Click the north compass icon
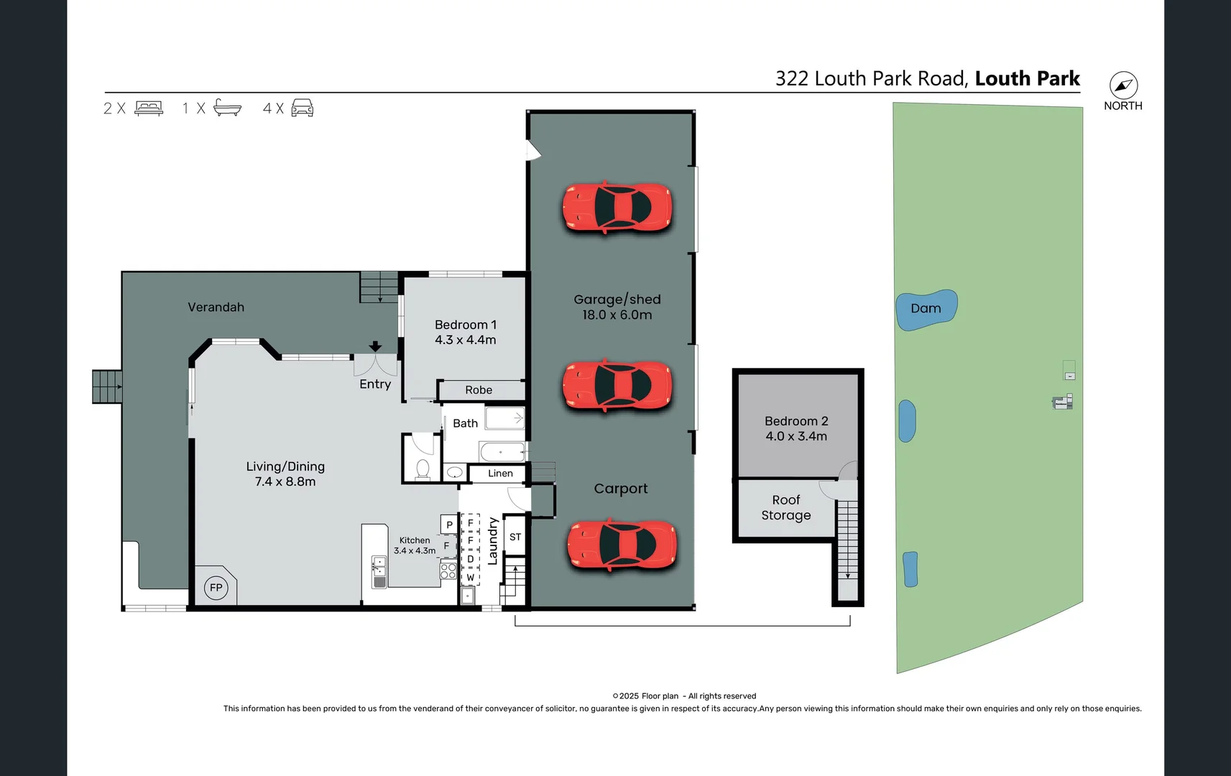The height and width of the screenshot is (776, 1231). [1123, 86]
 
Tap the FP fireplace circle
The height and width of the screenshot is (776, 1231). [216, 588]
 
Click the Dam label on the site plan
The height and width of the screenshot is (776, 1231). [926, 308]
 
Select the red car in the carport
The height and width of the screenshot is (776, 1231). [622, 545]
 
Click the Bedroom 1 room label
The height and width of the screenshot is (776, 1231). [465, 325]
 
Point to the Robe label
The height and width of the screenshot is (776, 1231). [479, 390]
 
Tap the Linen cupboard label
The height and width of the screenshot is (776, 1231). [500, 474]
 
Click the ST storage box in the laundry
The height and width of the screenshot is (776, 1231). [515, 537]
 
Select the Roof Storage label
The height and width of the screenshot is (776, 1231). [786, 507]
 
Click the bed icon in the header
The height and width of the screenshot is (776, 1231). [149, 108]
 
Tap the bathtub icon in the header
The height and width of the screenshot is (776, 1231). [227, 108]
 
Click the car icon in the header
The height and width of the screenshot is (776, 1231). [302, 108]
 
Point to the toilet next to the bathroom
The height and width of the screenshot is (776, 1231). [423, 469]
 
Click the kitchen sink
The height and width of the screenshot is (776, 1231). [379, 572]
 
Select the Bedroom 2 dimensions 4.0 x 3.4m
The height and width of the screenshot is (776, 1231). [796, 436]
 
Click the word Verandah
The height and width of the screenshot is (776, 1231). [216, 308]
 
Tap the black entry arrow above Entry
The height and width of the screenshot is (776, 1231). [375, 347]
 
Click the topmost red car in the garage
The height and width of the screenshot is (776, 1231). [617, 208]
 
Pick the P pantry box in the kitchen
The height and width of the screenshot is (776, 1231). [449, 525]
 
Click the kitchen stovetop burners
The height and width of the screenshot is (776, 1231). [448, 571]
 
